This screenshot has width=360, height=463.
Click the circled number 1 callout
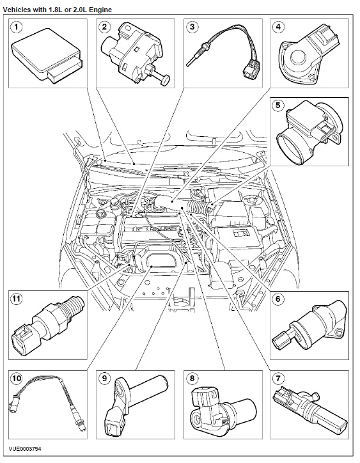tap(16, 27)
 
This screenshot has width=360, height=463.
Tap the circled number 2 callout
tap(104, 27)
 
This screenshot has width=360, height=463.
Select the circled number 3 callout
tap(192, 27)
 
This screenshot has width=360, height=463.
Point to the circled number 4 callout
tap(278, 27)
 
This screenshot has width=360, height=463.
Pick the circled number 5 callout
tap(278, 106)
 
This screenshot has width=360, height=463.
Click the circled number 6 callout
tap(278, 299)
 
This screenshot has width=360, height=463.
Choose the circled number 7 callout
tap(278, 378)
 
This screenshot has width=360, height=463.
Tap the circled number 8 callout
tap(192, 378)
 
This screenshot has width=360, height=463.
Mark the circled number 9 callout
tap(104, 378)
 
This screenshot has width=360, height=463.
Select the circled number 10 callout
tap(17, 378)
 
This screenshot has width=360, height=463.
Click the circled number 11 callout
tap(17, 299)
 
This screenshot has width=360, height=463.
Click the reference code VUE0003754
tap(25, 449)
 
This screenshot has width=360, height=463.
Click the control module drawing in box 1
tap(47, 54)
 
